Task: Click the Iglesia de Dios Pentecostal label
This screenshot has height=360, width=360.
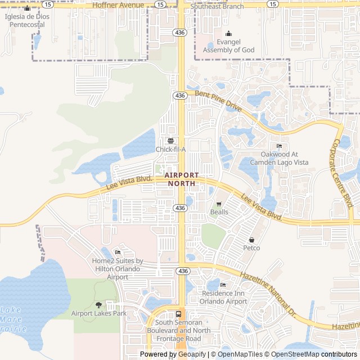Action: pyautogui.click(x=27, y=20)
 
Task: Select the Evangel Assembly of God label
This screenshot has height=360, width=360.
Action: pyautogui.click(x=228, y=46)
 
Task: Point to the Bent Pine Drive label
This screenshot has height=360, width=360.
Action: pyautogui.click(x=218, y=100)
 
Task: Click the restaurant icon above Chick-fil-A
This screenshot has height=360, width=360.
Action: pyautogui.click(x=170, y=141)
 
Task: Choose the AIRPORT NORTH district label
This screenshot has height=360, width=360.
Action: pyautogui.click(x=181, y=179)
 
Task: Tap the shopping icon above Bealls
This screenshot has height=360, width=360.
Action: pyautogui.click(x=219, y=204)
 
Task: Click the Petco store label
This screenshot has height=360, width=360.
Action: pyautogui.click(x=251, y=247)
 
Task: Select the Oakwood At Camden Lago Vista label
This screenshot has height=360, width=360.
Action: pyautogui.click(x=284, y=158)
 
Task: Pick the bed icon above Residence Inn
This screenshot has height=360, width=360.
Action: pyautogui.click(x=223, y=285)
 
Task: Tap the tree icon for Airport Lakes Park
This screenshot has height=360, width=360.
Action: pyautogui.click(x=99, y=304)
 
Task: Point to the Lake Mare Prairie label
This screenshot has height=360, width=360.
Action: pyautogui.click(x=12, y=319)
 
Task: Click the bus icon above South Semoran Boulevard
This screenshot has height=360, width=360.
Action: pyautogui.click(x=178, y=314)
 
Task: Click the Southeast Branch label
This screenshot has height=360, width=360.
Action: pyautogui.click(x=217, y=7)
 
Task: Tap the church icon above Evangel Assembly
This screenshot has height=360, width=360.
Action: pyautogui.click(x=228, y=33)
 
